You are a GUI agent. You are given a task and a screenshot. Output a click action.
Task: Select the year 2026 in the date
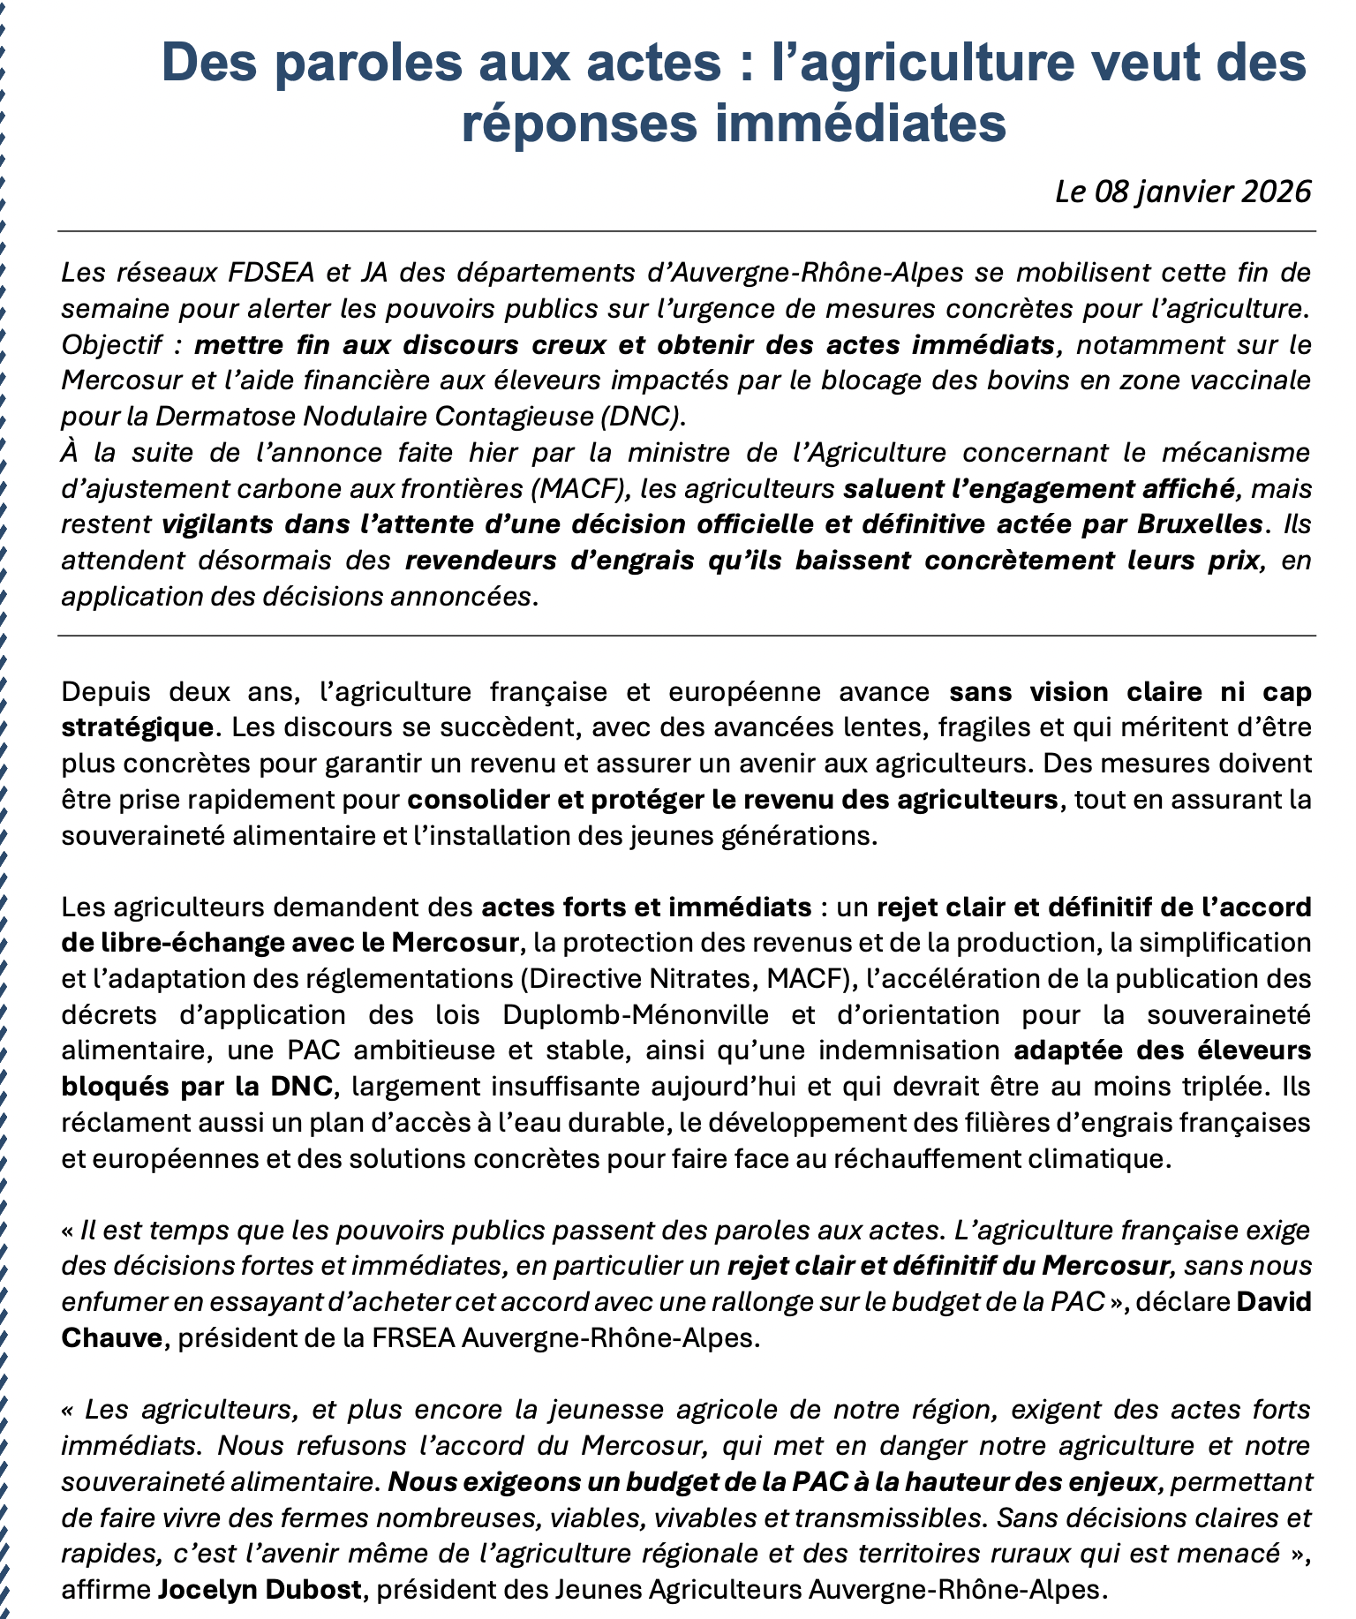(x=1277, y=192)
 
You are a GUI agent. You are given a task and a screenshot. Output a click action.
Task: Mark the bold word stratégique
(x=137, y=728)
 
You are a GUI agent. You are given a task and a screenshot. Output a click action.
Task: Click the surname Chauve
(x=112, y=1337)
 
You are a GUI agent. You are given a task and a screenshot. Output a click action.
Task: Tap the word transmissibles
(x=891, y=1517)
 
